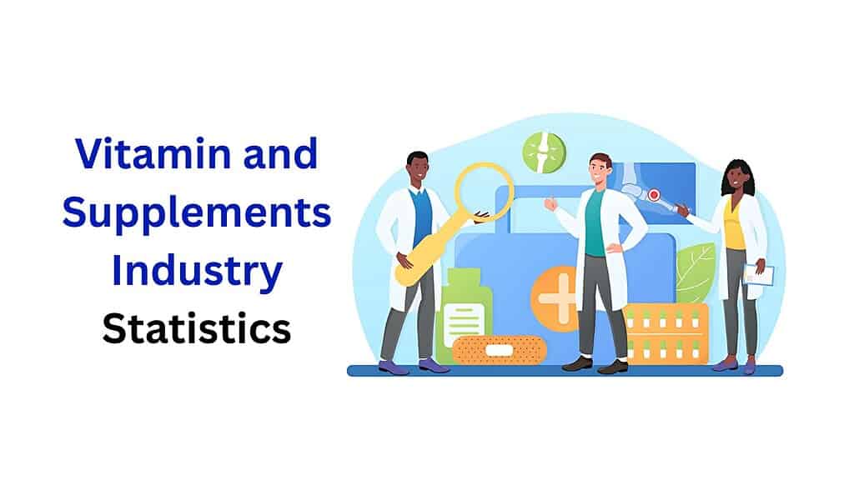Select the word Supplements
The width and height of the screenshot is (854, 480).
tap(197, 215)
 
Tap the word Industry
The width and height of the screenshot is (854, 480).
tap(197, 272)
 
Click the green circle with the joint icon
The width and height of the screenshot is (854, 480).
tap(544, 152)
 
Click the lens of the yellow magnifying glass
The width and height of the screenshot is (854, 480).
tap(484, 192)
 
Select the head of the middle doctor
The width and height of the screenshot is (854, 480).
tap(600, 170)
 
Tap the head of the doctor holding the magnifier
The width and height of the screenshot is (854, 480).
tap(418, 170)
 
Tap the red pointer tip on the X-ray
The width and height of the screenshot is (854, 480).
tap(654, 195)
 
